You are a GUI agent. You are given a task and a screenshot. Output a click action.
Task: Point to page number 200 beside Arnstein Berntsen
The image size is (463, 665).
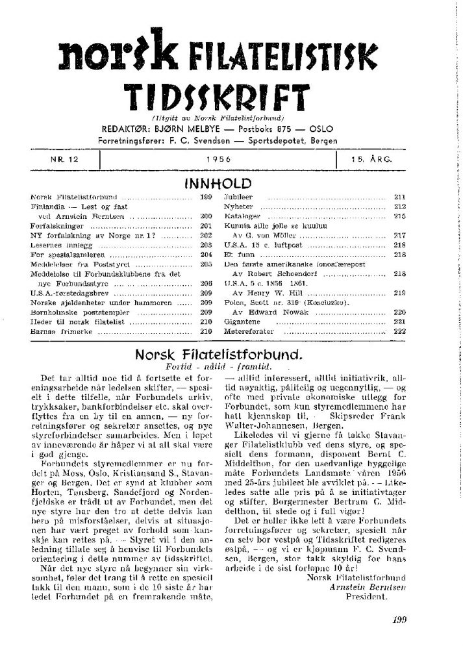(x=208, y=214)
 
